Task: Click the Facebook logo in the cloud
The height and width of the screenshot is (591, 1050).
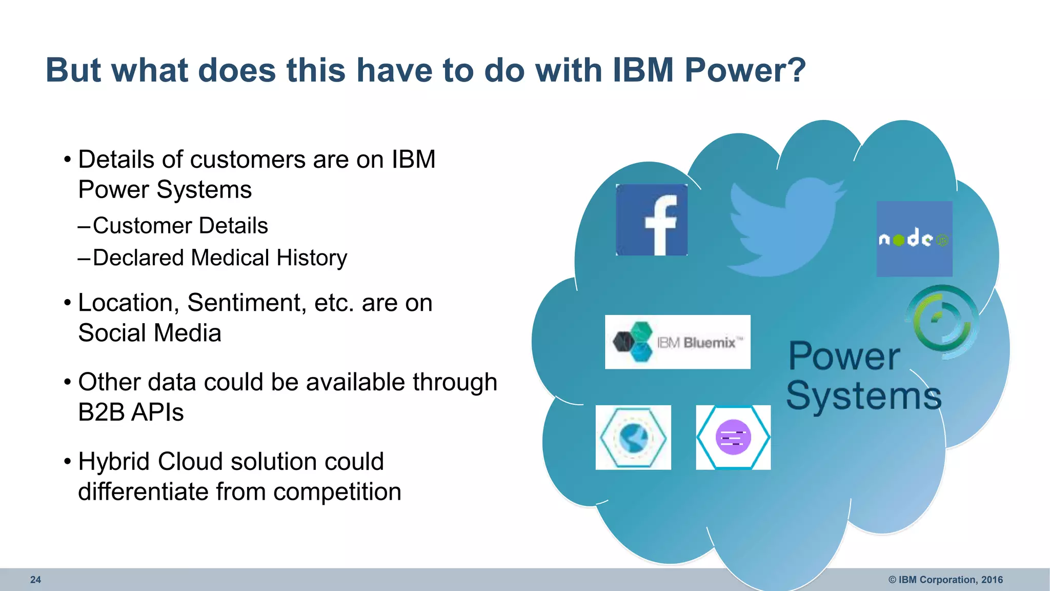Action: tap(651, 220)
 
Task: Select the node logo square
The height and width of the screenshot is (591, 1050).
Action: tap(914, 239)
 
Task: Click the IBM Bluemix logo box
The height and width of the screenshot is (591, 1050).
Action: tap(677, 342)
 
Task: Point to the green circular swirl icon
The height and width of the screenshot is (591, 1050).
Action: tap(942, 321)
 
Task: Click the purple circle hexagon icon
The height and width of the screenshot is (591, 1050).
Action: tap(733, 437)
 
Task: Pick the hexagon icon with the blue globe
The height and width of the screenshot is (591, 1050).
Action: tap(633, 437)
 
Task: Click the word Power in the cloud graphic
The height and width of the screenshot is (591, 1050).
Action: tap(844, 356)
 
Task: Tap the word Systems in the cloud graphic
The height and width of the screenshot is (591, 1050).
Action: tap(863, 396)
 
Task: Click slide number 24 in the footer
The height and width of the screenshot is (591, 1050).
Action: tap(35, 580)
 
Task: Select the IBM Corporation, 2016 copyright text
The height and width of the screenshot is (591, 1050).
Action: tap(945, 580)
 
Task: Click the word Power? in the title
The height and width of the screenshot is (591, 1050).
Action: tap(745, 70)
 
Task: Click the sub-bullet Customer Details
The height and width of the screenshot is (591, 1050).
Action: tap(180, 226)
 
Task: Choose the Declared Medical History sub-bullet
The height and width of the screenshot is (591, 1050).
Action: tap(219, 258)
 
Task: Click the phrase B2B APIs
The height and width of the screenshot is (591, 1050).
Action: tap(131, 412)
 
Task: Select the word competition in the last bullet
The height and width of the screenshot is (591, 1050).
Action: tap(337, 492)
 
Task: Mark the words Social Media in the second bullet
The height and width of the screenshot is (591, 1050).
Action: tap(150, 333)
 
